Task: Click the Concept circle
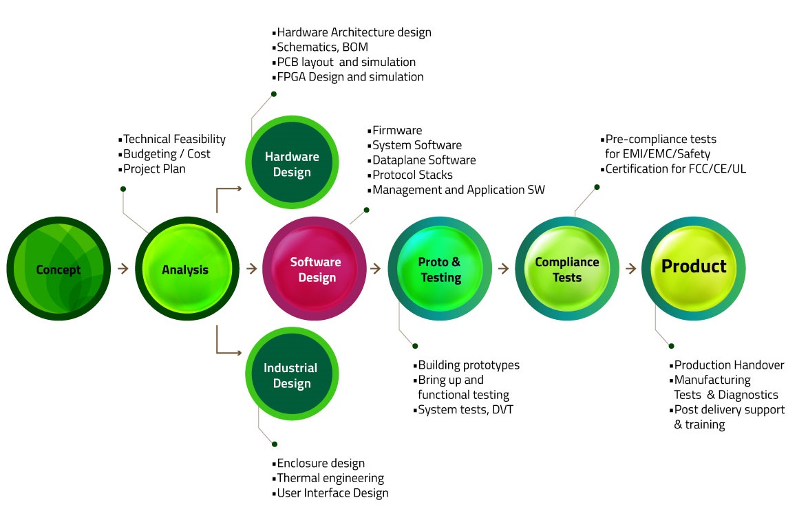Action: (59, 268)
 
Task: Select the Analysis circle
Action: (187, 268)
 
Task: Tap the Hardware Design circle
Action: (292, 162)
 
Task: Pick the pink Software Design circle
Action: (315, 268)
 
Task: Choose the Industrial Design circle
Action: (292, 374)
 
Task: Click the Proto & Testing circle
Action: (440, 268)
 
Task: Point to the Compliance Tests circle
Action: (567, 268)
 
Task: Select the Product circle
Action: (693, 268)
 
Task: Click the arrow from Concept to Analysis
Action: (123, 268)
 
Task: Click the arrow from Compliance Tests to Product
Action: (630, 268)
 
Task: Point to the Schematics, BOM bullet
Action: (320, 47)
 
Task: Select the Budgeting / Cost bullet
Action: (164, 154)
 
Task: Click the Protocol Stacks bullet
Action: (410, 175)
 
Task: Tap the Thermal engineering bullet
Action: (328, 479)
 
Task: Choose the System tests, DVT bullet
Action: (463, 410)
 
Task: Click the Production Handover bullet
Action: (727, 365)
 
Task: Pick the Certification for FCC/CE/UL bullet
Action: (673, 169)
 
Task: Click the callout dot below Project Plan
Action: (123, 189)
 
